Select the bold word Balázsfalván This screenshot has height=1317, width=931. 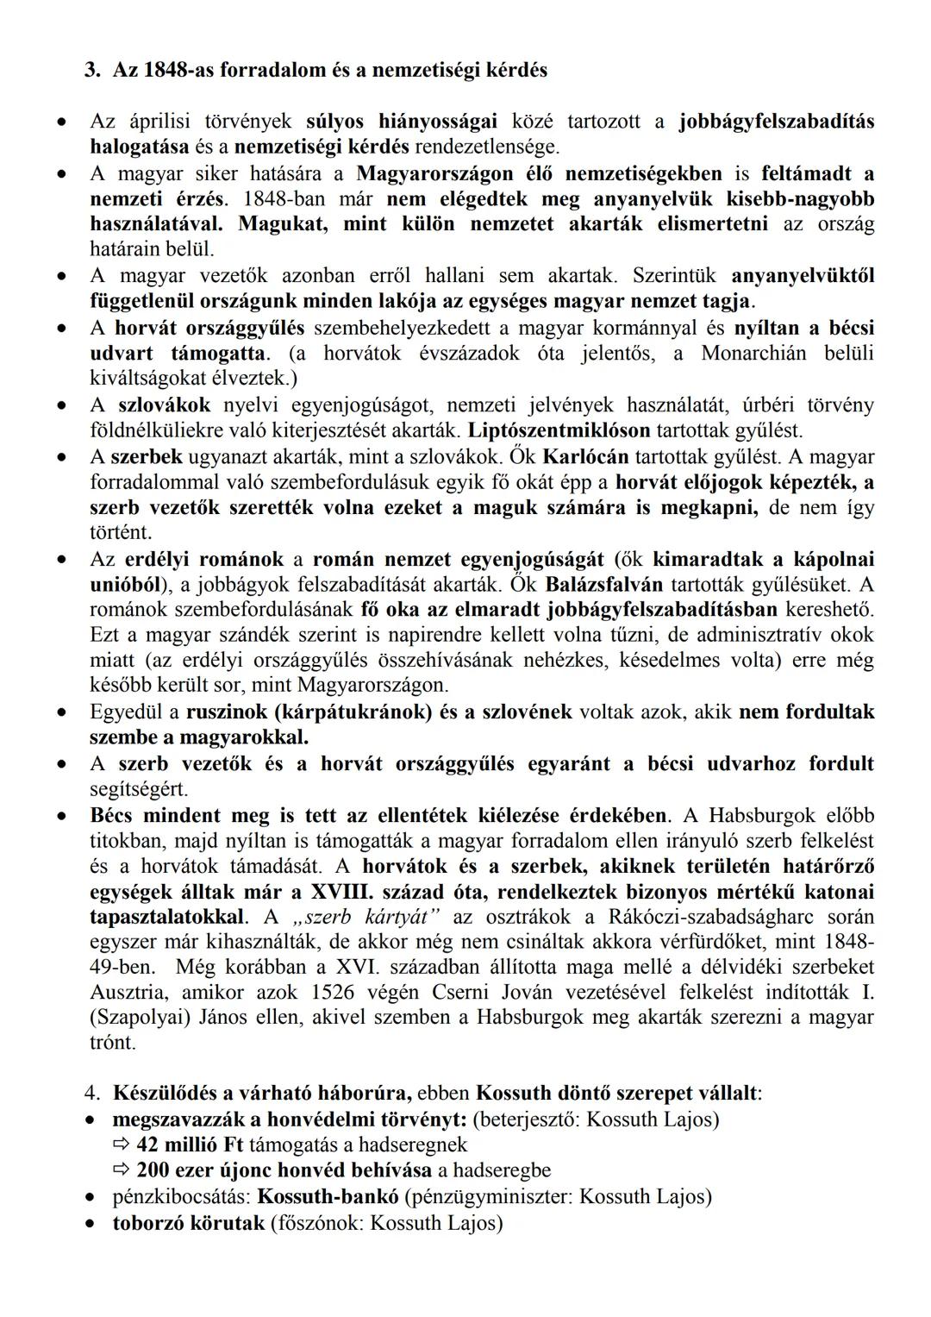point(595,584)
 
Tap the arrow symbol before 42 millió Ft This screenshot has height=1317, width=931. point(122,1145)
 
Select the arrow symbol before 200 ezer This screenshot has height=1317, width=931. point(122,1171)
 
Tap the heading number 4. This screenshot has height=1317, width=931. point(92,1094)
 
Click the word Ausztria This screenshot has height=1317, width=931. point(126,992)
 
